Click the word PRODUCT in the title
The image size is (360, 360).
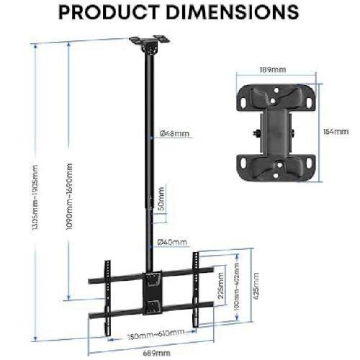(x=112, y=13)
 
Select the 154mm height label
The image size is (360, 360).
(x=331, y=132)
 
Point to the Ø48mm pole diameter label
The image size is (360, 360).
(x=174, y=134)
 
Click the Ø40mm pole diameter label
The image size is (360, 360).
(x=174, y=242)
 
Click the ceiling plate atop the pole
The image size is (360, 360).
(x=147, y=41)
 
